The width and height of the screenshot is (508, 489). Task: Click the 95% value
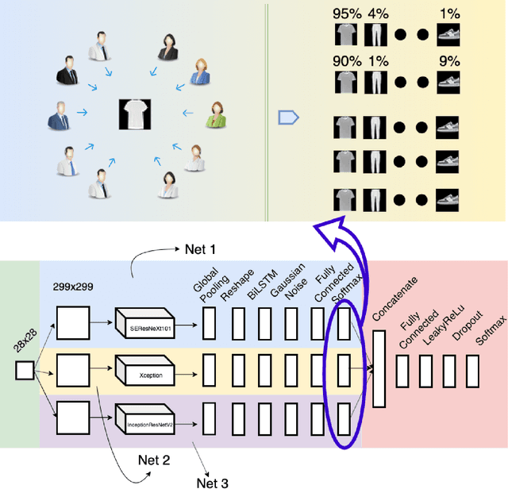347,13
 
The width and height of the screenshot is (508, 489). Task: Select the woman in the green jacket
215,114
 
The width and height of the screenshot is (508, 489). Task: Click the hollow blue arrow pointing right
288,117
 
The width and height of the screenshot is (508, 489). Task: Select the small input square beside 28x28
24,370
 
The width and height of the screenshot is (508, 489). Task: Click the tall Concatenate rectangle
378,369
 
